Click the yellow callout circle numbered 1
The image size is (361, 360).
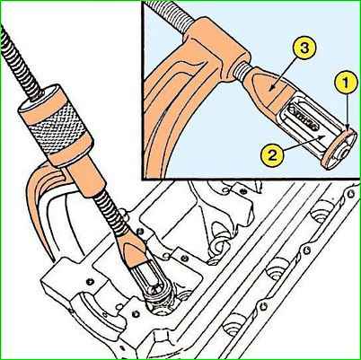346,83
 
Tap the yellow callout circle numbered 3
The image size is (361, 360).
304,48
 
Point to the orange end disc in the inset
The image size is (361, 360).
339,148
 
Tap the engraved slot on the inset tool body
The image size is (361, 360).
304,116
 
